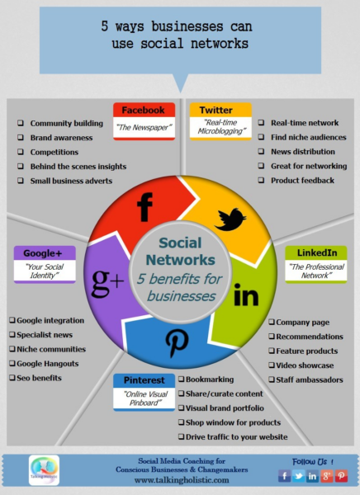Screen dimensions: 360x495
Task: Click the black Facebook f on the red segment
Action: pos(144,207)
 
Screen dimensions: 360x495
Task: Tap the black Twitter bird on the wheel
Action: pos(230,219)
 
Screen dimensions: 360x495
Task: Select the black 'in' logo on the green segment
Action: pos(246,295)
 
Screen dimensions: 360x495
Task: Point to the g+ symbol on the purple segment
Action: pos(107,282)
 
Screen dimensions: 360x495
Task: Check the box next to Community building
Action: pos(21,123)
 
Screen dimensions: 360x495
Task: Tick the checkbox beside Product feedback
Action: pos(261,180)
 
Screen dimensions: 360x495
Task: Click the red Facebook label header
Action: pos(144,110)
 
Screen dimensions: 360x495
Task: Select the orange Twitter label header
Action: pos(220,110)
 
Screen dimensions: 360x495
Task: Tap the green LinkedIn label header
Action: pos(316,252)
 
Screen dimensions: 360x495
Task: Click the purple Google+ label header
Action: pos(45,253)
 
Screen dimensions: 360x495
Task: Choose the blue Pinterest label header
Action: pos(144,380)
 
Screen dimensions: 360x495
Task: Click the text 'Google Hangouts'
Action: pos(47,364)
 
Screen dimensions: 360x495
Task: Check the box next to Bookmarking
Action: pos(181,379)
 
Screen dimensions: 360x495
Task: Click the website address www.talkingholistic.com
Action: pos(182,480)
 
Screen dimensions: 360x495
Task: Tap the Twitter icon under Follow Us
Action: pos(298,476)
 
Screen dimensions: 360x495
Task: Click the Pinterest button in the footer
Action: pos(341,476)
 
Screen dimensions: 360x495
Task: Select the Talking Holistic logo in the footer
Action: pos(44,470)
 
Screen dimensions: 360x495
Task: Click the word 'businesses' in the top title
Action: pos(187,26)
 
